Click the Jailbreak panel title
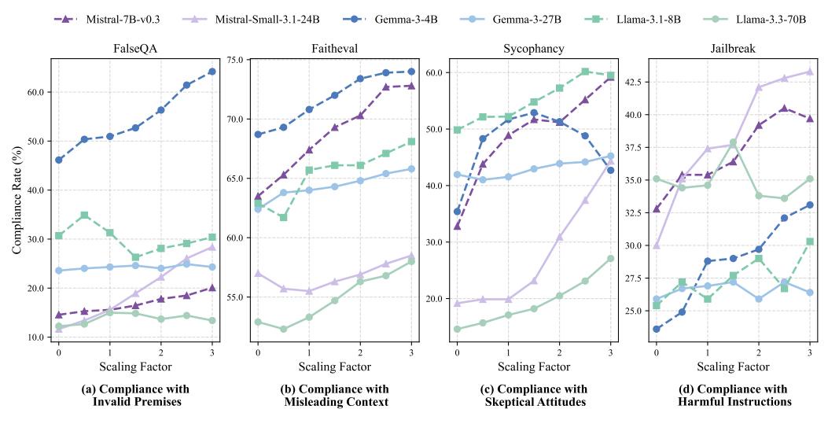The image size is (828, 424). click(733, 48)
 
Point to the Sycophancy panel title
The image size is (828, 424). click(533, 48)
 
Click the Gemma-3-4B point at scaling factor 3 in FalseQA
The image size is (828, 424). click(212, 72)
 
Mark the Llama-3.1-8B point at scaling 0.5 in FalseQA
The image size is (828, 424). click(84, 215)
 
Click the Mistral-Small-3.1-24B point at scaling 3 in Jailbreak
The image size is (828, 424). click(809, 72)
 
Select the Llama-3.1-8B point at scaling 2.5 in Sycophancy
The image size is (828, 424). click(585, 72)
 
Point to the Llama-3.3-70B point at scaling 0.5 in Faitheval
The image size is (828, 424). click(283, 329)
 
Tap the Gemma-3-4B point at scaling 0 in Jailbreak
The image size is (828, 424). click(657, 329)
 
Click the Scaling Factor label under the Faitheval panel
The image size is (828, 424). click(334, 367)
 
